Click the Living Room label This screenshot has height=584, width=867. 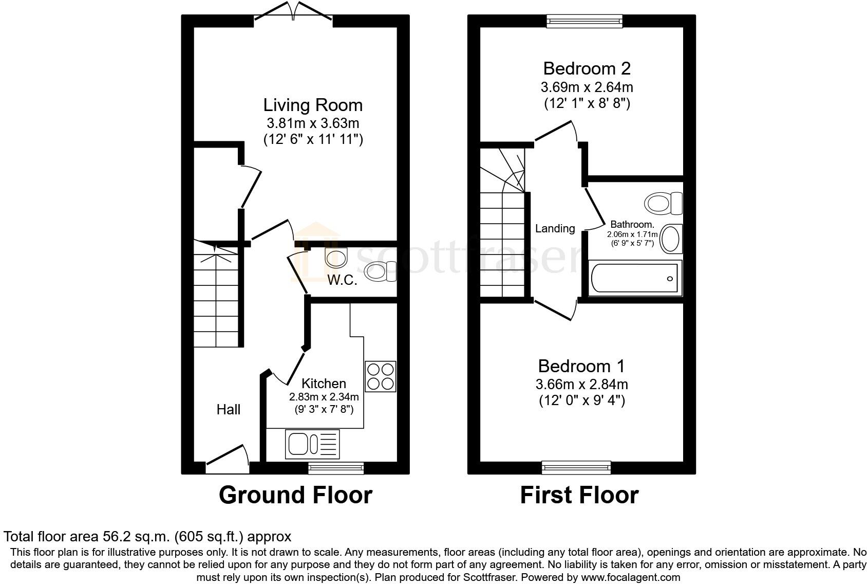click(313, 105)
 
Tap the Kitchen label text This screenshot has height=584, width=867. click(324, 384)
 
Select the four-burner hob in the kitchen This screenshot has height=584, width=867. click(381, 376)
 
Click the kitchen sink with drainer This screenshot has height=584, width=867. click(312, 444)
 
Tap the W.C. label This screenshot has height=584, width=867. click(342, 280)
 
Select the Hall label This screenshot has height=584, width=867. click(229, 409)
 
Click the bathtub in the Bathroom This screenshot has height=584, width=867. click(635, 278)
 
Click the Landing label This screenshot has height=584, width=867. click(555, 229)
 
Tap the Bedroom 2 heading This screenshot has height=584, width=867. click(587, 68)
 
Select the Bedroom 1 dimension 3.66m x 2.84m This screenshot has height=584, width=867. click(582, 384)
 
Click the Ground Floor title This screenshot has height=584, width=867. click(296, 495)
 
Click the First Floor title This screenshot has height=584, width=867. click(579, 495)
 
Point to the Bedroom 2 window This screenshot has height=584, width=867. click(585, 21)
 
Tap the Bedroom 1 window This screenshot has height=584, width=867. click(576, 467)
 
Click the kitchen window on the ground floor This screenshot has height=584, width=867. click(336, 468)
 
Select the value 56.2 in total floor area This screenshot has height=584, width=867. click(116, 537)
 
